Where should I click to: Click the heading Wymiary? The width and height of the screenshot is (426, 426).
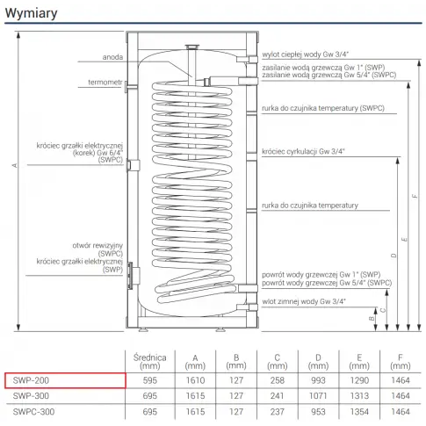pos(31,13)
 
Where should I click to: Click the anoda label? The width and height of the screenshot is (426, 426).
pos(112,57)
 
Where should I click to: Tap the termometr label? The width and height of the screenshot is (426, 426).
pos(105,83)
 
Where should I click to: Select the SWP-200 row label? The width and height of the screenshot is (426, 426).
pos(31,380)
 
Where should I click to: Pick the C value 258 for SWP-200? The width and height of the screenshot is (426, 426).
pos(278,380)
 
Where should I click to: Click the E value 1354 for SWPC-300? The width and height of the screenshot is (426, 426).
pos(359,412)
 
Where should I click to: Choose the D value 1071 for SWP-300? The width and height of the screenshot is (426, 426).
pos(318,396)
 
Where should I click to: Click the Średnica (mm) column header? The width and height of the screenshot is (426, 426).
pos(150,362)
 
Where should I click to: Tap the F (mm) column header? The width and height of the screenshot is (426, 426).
pos(401,362)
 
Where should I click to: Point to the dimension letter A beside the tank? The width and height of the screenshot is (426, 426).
pos(15,165)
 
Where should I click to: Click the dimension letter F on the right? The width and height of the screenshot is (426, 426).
pos(415,196)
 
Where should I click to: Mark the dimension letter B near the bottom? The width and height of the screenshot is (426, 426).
pos(372,319)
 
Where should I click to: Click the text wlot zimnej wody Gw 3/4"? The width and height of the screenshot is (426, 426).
pos(304,301)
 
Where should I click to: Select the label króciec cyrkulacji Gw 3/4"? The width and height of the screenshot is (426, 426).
pos(303,151)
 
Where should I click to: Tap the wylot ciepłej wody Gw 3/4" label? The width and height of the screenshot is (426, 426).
pos(306,54)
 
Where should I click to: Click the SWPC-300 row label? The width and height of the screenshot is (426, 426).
pos(33,412)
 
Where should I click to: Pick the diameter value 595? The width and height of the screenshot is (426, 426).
pos(150,380)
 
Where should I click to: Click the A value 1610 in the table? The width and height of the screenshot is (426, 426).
pos(195,380)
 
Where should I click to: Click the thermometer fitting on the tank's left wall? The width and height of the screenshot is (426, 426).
pos(126,87)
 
